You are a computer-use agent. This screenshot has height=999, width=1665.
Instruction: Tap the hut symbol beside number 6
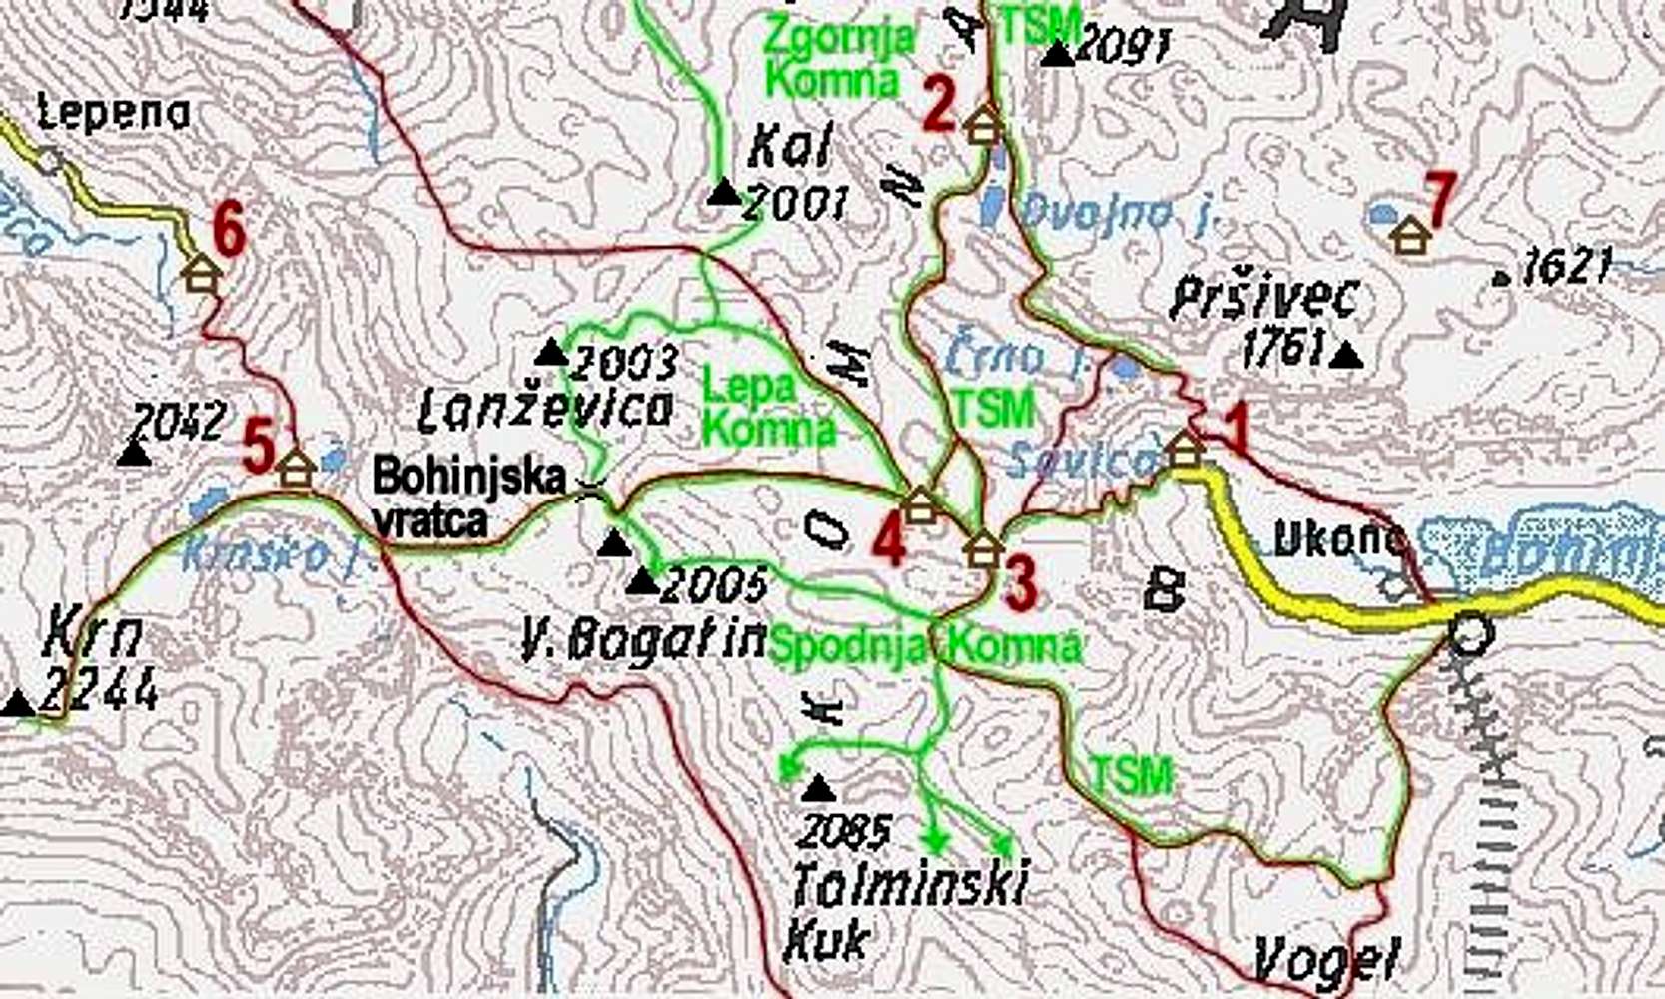[201, 272]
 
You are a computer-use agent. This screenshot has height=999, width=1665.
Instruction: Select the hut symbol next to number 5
[296, 468]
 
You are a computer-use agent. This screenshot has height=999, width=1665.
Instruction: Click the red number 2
[939, 105]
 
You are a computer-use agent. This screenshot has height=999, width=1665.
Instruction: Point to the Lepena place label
[113, 113]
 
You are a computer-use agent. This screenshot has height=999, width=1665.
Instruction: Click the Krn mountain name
[93, 636]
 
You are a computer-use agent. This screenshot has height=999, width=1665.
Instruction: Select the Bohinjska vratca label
[469, 498]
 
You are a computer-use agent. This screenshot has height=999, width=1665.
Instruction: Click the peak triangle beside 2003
[550, 352]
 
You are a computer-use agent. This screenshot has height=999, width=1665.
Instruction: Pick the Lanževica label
[545, 409]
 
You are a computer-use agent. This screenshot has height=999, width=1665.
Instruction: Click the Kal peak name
[789, 150]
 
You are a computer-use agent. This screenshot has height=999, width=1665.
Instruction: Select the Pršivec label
[1264, 298]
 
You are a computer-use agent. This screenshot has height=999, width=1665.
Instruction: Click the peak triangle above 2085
[819, 789]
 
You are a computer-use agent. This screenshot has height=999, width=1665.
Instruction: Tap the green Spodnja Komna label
[926, 645]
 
